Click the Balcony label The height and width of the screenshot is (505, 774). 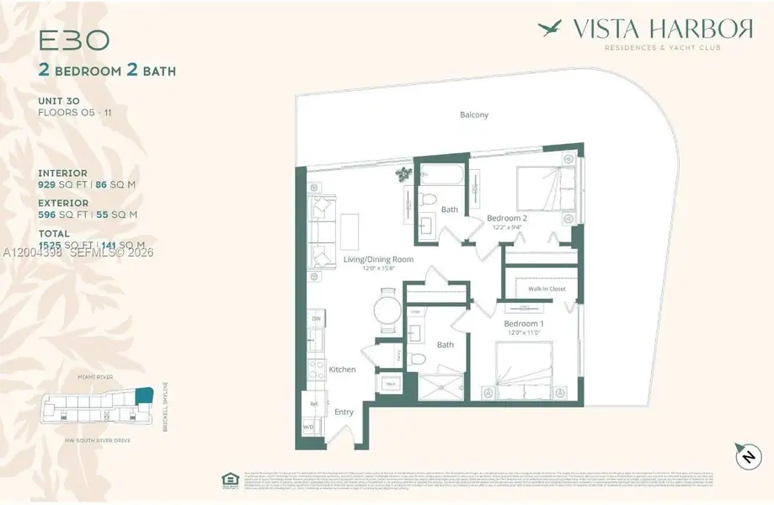[x=474, y=115]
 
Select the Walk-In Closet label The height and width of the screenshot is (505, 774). [x=547, y=289]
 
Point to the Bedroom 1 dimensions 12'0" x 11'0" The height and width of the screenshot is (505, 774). [x=520, y=333]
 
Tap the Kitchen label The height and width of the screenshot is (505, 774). [x=342, y=369]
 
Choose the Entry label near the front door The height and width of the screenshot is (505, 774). [x=344, y=412]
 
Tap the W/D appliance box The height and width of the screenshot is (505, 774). [x=308, y=427]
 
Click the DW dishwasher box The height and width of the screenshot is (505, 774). [x=316, y=320]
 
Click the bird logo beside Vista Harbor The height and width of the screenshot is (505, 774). [x=551, y=28]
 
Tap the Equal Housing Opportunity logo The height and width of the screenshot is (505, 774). [x=228, y=480]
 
